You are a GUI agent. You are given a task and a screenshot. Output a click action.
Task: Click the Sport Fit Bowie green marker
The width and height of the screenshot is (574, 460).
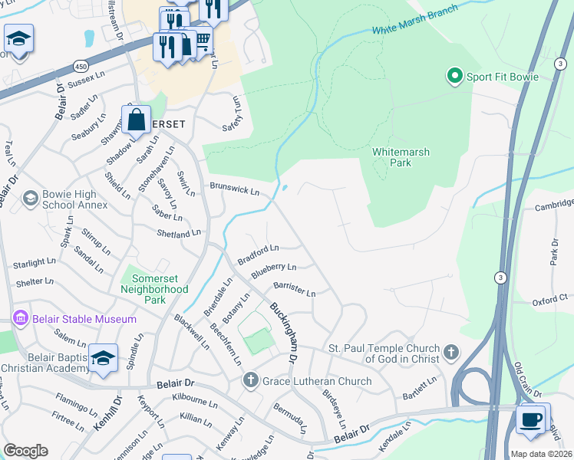454,76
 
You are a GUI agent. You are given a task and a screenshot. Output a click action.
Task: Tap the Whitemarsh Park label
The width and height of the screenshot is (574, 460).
401,157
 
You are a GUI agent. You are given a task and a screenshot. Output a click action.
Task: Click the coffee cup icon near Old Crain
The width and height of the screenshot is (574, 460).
532,419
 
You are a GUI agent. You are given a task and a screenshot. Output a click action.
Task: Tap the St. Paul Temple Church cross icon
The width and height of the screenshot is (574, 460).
451,353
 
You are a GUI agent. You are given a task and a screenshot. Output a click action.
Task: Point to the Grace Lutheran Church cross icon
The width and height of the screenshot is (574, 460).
250,380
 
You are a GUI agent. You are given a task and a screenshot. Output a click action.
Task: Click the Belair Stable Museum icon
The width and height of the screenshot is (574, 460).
21,318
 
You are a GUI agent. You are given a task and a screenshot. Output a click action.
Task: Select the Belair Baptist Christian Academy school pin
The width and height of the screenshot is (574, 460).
103,359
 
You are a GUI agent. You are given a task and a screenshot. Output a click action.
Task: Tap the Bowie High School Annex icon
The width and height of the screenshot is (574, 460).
31,199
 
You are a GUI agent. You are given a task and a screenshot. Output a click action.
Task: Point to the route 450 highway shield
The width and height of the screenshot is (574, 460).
81,66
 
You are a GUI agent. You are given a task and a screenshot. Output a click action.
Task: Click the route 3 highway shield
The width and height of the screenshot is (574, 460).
500,278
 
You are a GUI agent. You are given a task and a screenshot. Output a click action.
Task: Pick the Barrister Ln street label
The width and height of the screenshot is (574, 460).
289,289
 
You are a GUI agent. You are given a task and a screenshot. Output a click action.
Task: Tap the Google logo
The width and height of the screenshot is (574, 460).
25,451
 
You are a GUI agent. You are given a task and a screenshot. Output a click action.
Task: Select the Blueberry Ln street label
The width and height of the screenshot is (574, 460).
273,268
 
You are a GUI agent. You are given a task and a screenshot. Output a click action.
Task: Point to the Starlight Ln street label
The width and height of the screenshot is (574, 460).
34,264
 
